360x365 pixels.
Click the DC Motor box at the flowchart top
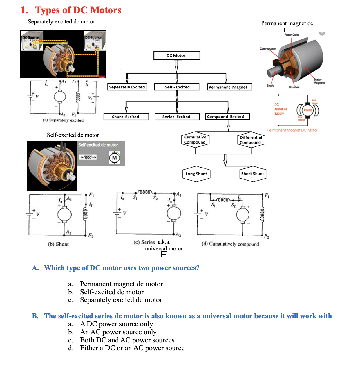(x=177, y=55)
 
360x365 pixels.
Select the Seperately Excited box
(x=127, y=87)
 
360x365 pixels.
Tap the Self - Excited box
(x=177, y=87)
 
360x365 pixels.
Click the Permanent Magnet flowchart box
(x=229, y=87)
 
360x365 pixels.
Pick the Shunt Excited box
(x=126, y=117)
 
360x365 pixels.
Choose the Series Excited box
(x=177, y=117)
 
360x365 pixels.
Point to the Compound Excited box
(x=227, y=117)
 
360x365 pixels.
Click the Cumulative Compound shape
(x=195, y=139)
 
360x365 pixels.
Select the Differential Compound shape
(x=251, y=140)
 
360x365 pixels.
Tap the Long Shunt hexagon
(x=196, y=174)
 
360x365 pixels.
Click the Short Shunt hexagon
(x=253, y=174)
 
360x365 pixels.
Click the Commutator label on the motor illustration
(x=268, y=49)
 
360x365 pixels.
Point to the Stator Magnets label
(x=319, y=81)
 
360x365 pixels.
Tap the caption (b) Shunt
(x=58, y=244)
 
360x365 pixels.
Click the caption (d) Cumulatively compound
(x=230, y=244)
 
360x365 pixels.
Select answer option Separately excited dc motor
(x=121, y=300)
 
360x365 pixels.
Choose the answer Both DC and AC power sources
(x=127, y=340)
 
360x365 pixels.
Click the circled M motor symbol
(x=115, y=158)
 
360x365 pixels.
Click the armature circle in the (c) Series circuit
(x=174, y=214)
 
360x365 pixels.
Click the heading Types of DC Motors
(x=78, y=10)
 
